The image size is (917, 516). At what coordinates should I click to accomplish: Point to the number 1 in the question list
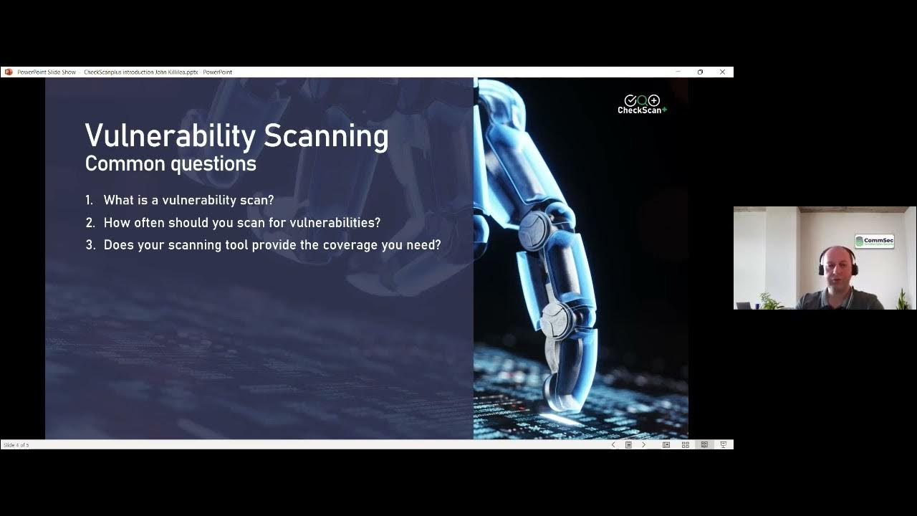pos(89,201)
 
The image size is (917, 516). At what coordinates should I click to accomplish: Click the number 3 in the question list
pos(90,245)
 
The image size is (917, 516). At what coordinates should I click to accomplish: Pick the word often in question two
pos(149,223)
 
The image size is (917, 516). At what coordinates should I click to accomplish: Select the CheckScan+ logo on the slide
pos(642,105)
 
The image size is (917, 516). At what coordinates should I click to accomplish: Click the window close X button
pos(722,72)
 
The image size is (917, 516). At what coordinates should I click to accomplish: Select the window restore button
pos(700,72)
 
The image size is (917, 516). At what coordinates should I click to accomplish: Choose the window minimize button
pos(678,72)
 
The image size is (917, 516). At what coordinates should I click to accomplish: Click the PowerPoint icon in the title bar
pos(8,72)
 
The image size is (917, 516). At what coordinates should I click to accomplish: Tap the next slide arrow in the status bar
pos(643,445)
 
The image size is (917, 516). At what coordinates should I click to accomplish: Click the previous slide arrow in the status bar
pos(613,445)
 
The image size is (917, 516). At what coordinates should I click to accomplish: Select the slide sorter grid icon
pos(685,445)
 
